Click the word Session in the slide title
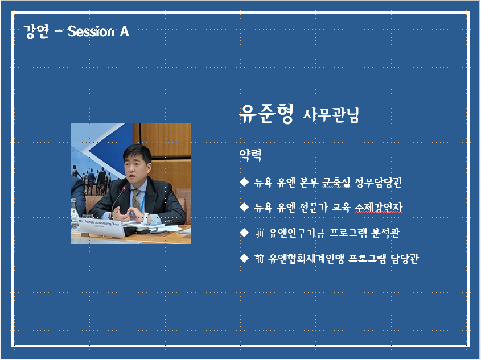click(91, 31)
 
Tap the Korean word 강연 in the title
click(36, 31)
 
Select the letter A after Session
click(125, 31)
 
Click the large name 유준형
click(266, 114)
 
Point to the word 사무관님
click(331, 115)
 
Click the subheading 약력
click(250, 155)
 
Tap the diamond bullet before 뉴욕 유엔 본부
click(244, 182)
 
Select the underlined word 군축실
click(336, 183)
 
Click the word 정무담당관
click(378, 183)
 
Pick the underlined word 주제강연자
click(378, 208)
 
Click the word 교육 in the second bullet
click(341, 208)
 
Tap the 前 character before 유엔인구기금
click(259, 233)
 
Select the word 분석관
click(385, 233)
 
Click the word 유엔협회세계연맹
click(306, 259)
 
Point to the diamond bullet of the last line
click(244, 258)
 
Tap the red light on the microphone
click(124, 187)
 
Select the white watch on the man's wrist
click(146, 218)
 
